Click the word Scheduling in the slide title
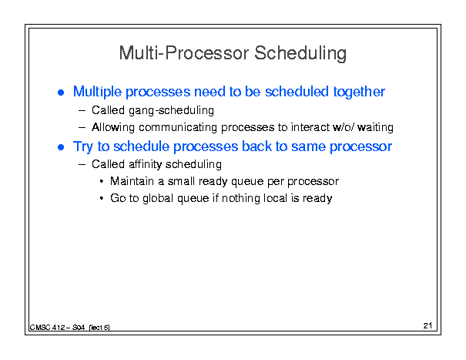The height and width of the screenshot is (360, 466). [x=300, y=53]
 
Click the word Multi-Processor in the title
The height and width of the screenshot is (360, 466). [x=184, y=53]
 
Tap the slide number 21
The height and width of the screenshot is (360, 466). [x=427, y=326]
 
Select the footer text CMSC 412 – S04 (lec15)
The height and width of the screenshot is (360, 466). [x=69, y=328]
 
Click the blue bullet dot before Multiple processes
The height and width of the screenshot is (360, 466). [x=61, y=93]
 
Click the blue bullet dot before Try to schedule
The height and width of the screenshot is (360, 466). [x=61, y=147]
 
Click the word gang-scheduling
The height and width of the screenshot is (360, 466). [x=171, y=111]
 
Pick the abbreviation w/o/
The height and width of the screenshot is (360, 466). [x=344, y=127]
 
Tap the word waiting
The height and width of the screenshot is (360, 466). [x=375, y=127]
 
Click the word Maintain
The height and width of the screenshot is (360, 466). [x=132, y=181]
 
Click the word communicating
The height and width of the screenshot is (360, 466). [x=178, y=128]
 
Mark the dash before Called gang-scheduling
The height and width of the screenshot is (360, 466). [x=82, y=111]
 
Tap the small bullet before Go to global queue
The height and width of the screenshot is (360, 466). [x=102, y=198]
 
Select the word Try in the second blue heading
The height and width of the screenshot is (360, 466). [x=83, y=146]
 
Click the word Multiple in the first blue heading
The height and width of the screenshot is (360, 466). [x=97, y=92]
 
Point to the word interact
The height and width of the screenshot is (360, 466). [x=310, y=127]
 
